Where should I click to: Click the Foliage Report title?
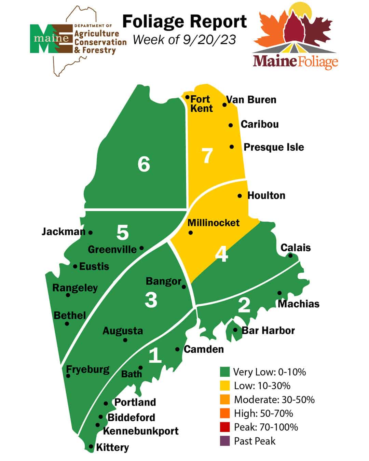[184, 22]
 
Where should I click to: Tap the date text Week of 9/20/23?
[184, 40]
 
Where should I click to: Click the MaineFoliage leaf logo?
[295, 36]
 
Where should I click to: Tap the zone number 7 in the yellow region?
[207, 156]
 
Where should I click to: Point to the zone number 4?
[222, 254]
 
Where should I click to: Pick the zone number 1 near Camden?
[155, 355]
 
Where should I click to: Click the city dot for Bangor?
[184, 287]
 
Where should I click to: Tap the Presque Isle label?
[274, 147]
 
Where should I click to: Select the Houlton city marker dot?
[240, 196]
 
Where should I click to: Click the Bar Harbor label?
[268, 331]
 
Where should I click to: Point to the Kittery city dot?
[91, 446]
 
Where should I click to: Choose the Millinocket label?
[214, 223]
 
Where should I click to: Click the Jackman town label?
[63, 232]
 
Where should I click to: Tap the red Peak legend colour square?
[224, 427]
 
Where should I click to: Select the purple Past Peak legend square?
[224, 441]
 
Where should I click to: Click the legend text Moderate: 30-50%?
[274, 400]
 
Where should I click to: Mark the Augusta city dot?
[125, 340]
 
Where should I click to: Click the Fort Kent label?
[201, 104]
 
